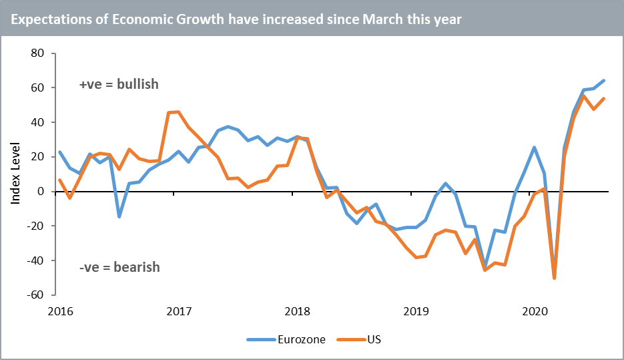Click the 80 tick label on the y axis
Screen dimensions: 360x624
[37, 53]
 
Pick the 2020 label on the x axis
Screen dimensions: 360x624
[535, 311]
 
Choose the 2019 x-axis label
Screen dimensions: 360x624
[416, 311]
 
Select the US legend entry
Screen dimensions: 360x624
[374, 339]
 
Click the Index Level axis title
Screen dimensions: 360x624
[15, 174]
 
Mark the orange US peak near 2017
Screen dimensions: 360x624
[178, 112]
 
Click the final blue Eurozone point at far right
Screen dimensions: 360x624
[604, 81]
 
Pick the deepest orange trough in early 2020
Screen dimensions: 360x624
[554, 279]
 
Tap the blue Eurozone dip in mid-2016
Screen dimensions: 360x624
[119, 216]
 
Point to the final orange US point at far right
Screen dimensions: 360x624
[604, 99]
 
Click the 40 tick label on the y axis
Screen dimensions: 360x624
[37, 123]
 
